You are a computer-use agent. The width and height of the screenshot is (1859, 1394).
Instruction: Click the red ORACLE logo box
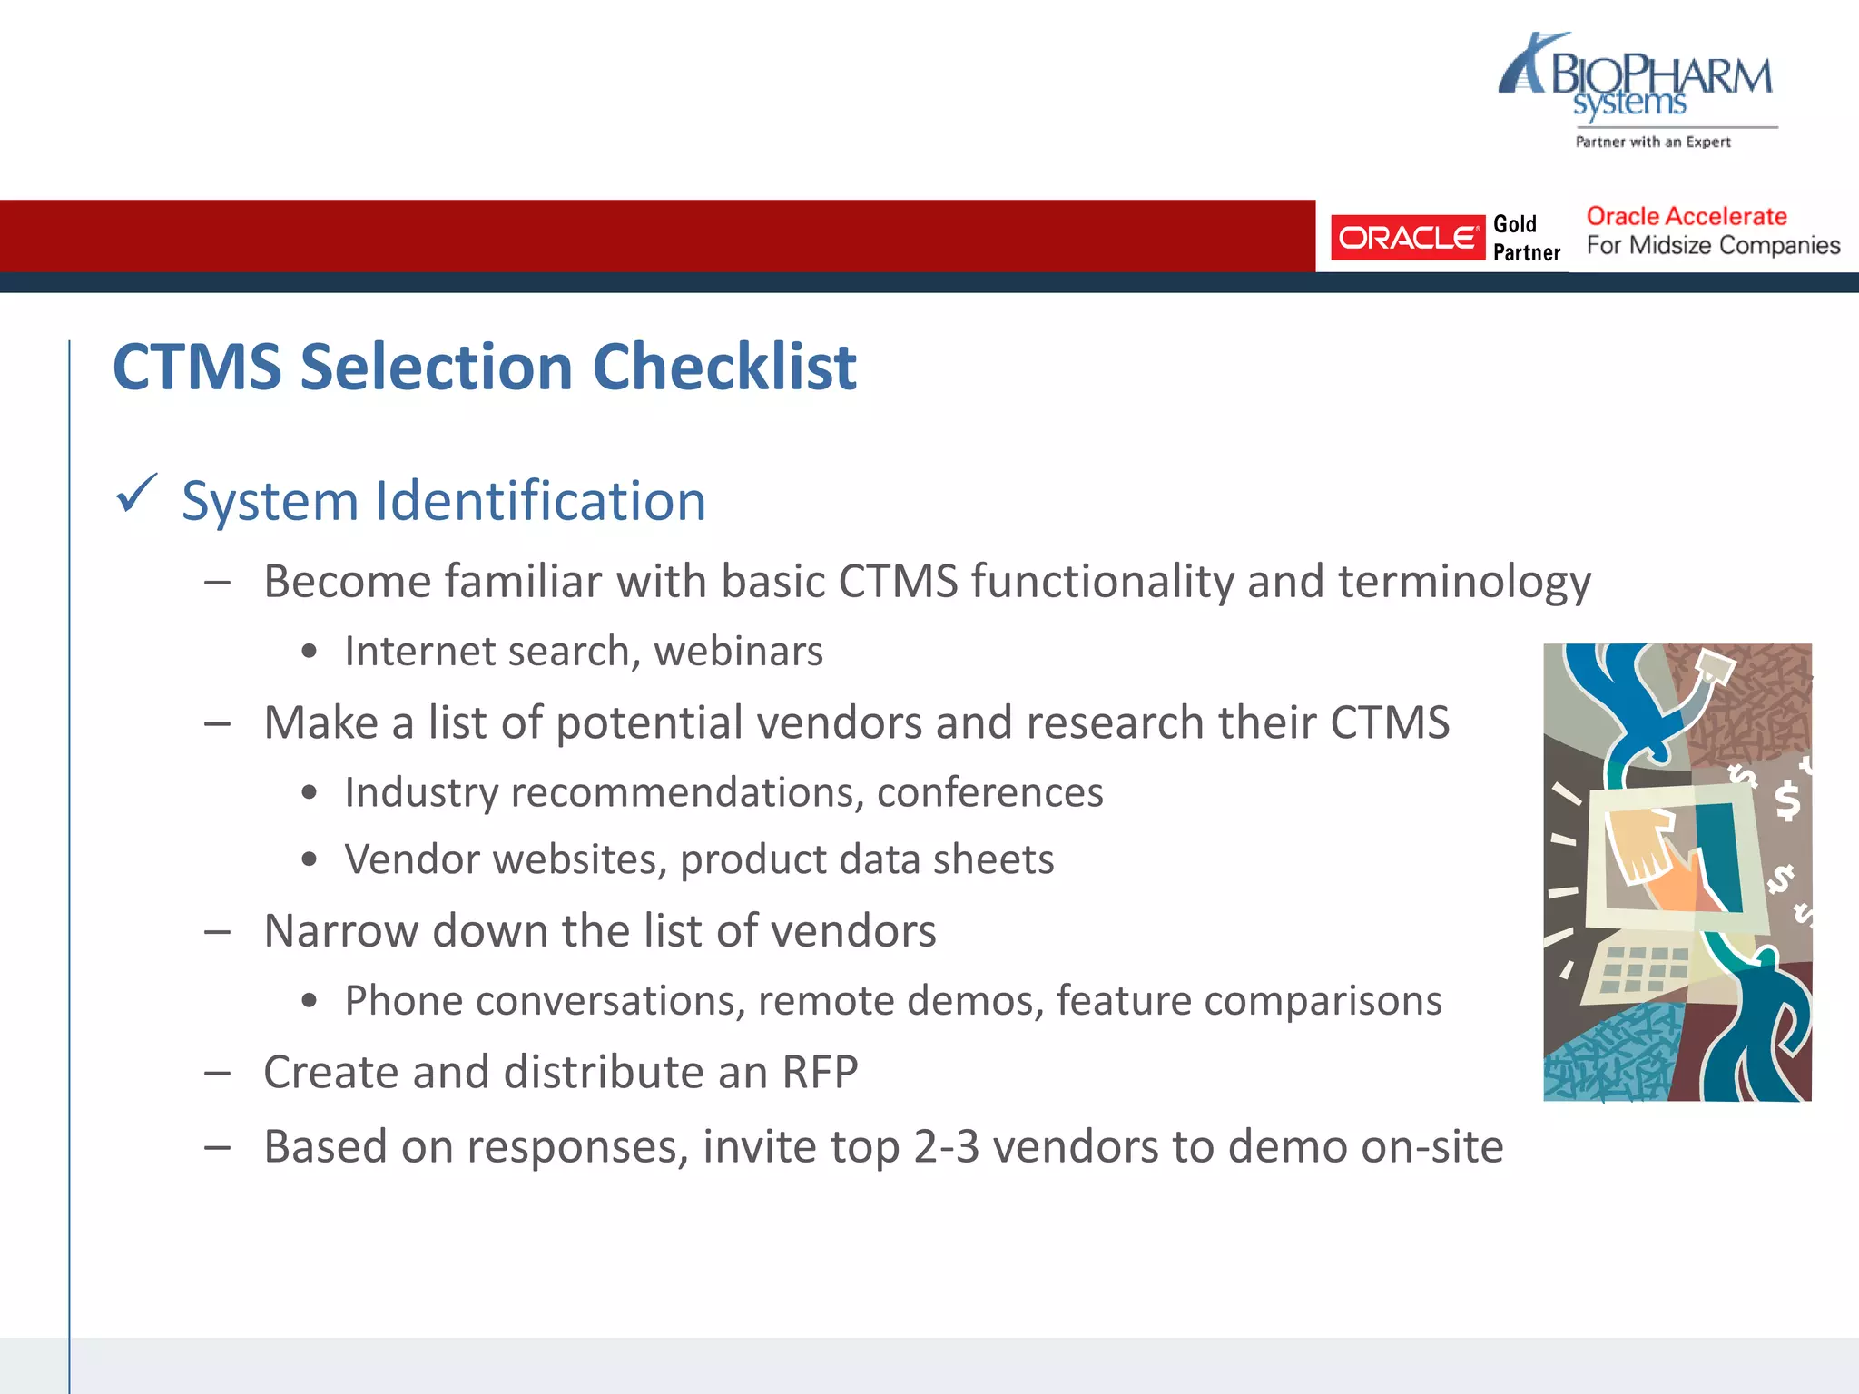point(1407,238)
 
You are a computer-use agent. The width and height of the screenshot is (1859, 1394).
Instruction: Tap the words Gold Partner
point(1526,238)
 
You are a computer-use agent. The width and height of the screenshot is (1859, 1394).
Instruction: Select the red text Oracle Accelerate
point(1686,216)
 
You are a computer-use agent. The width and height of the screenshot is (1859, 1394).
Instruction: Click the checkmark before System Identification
point(136,495)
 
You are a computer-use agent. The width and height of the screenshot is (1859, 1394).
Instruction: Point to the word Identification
point(540,501)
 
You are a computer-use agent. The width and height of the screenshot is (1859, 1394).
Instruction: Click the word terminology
point(1463,582)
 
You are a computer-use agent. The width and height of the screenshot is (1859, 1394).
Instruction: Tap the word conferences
point(989,792)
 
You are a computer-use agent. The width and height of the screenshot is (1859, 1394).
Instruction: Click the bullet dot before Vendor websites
point(310,859)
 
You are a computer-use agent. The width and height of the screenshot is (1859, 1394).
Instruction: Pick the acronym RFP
point(820,1073)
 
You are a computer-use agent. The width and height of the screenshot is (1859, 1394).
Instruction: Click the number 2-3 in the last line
point(947,1147)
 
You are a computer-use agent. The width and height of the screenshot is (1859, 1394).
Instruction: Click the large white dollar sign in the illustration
point(1786,800)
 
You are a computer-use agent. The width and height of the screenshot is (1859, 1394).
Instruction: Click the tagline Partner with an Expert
point(1652,142)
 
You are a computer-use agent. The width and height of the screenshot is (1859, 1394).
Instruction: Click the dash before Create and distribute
point(217,1074)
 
